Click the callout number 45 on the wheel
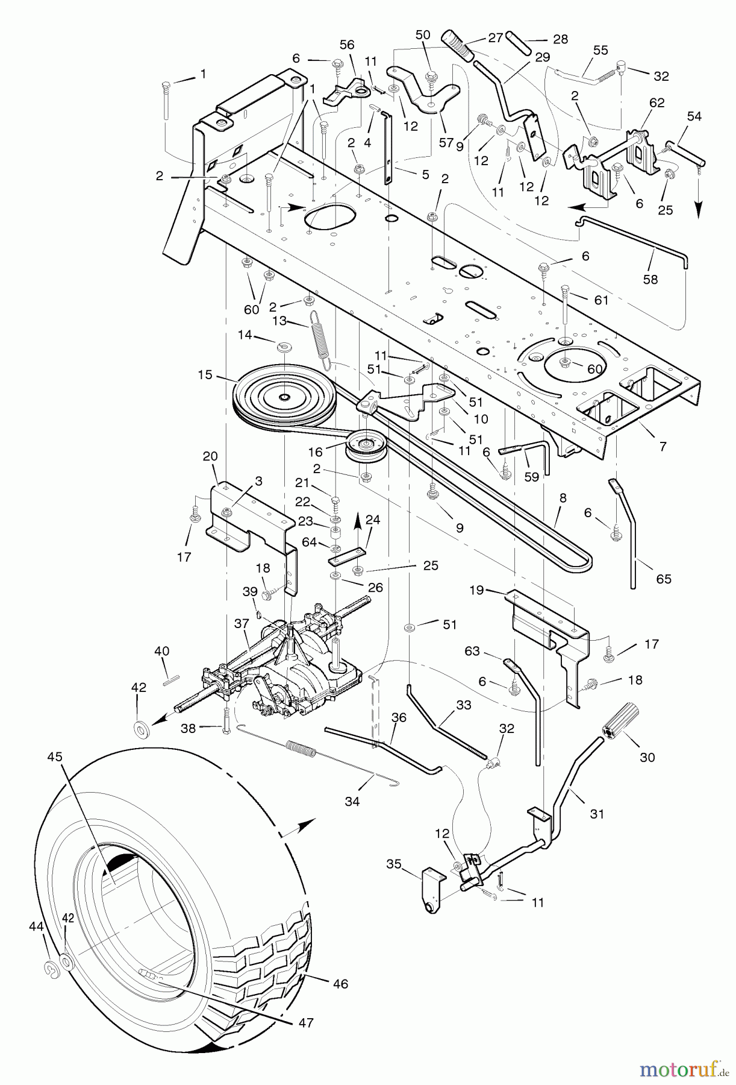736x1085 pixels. click(55, 758)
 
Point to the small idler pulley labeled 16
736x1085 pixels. click(364, 447)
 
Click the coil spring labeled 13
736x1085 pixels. click(320, 341)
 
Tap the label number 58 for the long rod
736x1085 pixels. click(650, 280)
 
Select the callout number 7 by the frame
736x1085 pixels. click(663, 447)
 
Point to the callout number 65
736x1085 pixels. click(663, 579)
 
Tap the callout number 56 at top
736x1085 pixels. click(347, 45)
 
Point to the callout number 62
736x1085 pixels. click(656, 103)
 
